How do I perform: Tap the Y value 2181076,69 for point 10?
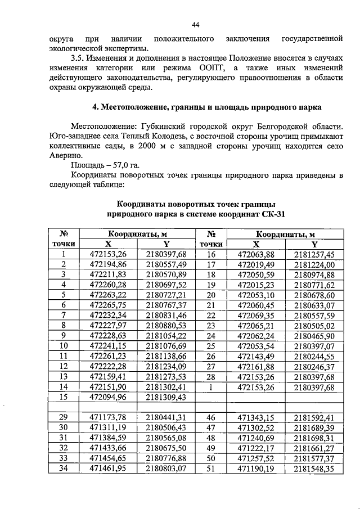click(165, 345)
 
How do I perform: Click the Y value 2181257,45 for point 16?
click(314, 254)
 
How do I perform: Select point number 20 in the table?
click(211, 295)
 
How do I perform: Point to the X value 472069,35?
click(256, 315)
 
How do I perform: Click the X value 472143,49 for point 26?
click(256, 355)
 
